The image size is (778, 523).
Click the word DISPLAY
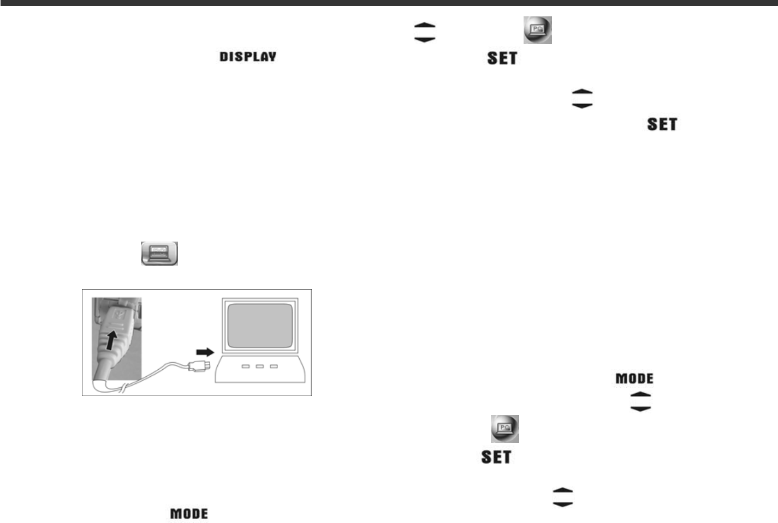pos(248,57)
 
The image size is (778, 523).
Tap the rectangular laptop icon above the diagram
pos(159,254)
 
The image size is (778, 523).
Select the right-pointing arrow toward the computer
pos(205,352)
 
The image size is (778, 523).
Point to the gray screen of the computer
pos(260,326)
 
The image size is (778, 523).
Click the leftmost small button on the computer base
pos(246,366)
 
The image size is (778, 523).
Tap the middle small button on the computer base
pos(260,366)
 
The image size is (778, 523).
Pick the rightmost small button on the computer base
pos(274,366)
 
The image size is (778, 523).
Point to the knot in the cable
pos(124,388)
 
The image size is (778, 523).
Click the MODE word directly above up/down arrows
pos(634,378)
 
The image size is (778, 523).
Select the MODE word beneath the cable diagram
pos(189,514)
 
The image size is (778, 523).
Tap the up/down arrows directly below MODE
pos(641,401)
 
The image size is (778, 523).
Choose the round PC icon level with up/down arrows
pos(538,30)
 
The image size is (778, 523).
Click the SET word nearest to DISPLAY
pos(502,58)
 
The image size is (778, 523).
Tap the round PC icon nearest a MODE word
pos(505,429)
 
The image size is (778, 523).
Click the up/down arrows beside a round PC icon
pos(425,32)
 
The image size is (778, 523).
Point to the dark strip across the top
pos(389,3)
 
